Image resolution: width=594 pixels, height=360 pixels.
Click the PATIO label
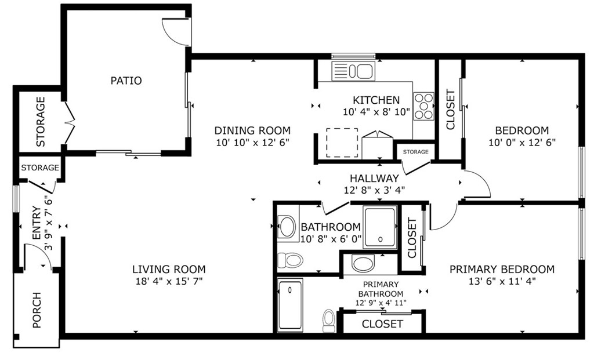tap(126, 81)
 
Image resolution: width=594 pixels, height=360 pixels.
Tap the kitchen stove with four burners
tap(424, 106)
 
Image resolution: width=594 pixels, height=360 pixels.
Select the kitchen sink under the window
tap(353, 71)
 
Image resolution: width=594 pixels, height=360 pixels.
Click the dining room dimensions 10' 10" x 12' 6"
tap(252, 142)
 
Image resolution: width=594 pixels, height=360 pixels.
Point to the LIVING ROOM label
tap(169, 269)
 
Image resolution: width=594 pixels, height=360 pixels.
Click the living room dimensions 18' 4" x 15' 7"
tap(169, 281)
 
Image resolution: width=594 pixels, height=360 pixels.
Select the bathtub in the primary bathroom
tap(290, 304)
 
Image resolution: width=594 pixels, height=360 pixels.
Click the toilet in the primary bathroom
tap(329, 321)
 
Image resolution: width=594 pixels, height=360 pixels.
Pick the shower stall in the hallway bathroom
tap(380, 227)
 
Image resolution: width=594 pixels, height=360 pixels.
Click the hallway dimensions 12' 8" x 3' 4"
tap(374, 190)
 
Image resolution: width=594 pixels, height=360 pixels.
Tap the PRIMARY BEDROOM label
tap(502, 269)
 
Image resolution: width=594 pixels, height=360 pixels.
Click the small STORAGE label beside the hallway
tap(415, 152)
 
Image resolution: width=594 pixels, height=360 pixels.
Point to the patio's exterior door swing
tap(174, 32)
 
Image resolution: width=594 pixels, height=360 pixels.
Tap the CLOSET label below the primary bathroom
tap(382, 323)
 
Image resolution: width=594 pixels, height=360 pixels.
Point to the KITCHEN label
tap(376, 100)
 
